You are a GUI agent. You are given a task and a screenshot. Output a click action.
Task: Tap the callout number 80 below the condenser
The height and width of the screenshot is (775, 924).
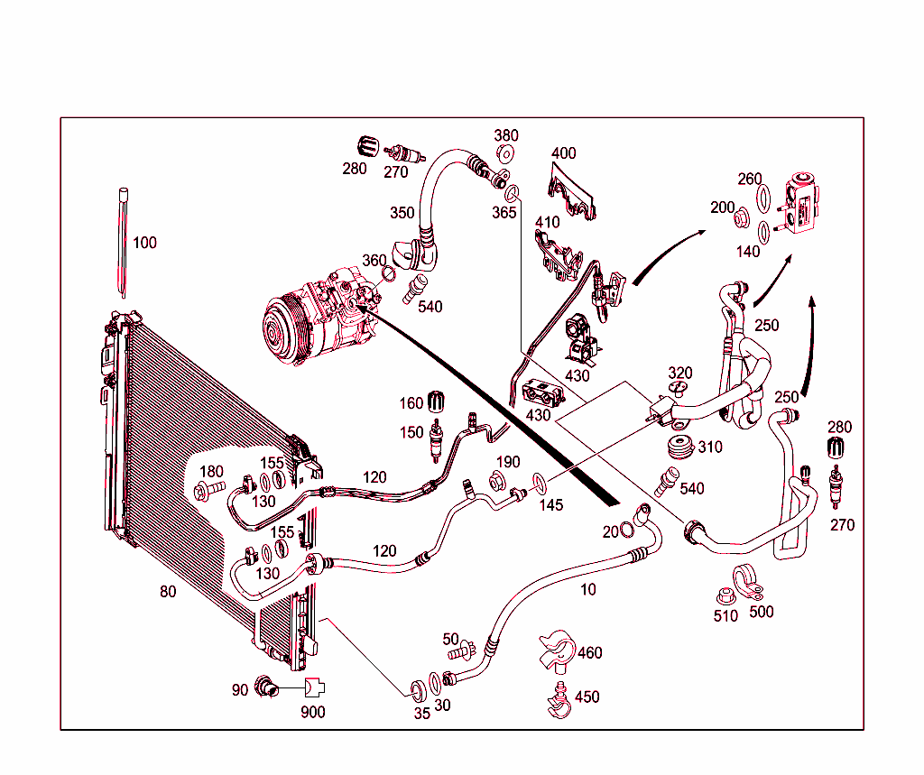pyautogui.click(x=168, y=592)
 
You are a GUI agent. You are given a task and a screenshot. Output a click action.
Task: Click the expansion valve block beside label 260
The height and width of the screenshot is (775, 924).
pyautogui.click(x=800, y=206)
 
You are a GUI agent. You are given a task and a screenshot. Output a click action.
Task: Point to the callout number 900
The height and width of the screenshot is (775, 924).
pyautogui.click(x=314, y=712)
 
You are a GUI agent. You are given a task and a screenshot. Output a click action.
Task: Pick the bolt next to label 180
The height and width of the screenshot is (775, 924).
pyautogui.click(x=206, y=492)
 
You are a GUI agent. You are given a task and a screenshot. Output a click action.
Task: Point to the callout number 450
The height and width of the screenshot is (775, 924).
pyautogui.click(x=587, y=697)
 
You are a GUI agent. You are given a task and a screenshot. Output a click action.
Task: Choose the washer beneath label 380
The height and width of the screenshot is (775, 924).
pyautogui.click(x=504, y=153)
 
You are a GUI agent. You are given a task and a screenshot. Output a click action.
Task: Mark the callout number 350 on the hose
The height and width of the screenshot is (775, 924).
pyautogui.click(x=402, y=213)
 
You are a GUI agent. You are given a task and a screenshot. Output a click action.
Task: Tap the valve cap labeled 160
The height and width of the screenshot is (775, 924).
pyautogui.click(x=439, y=401)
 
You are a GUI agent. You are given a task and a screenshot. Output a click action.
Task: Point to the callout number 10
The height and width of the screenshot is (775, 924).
pyautogui.click(x=588, y=590)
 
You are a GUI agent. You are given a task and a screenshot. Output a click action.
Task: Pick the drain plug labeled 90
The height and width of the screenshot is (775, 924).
pyautogui.click(x=265, y=687)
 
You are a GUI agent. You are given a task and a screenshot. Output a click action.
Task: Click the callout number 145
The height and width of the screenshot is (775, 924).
pyautogui.click(x=550, y=505)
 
